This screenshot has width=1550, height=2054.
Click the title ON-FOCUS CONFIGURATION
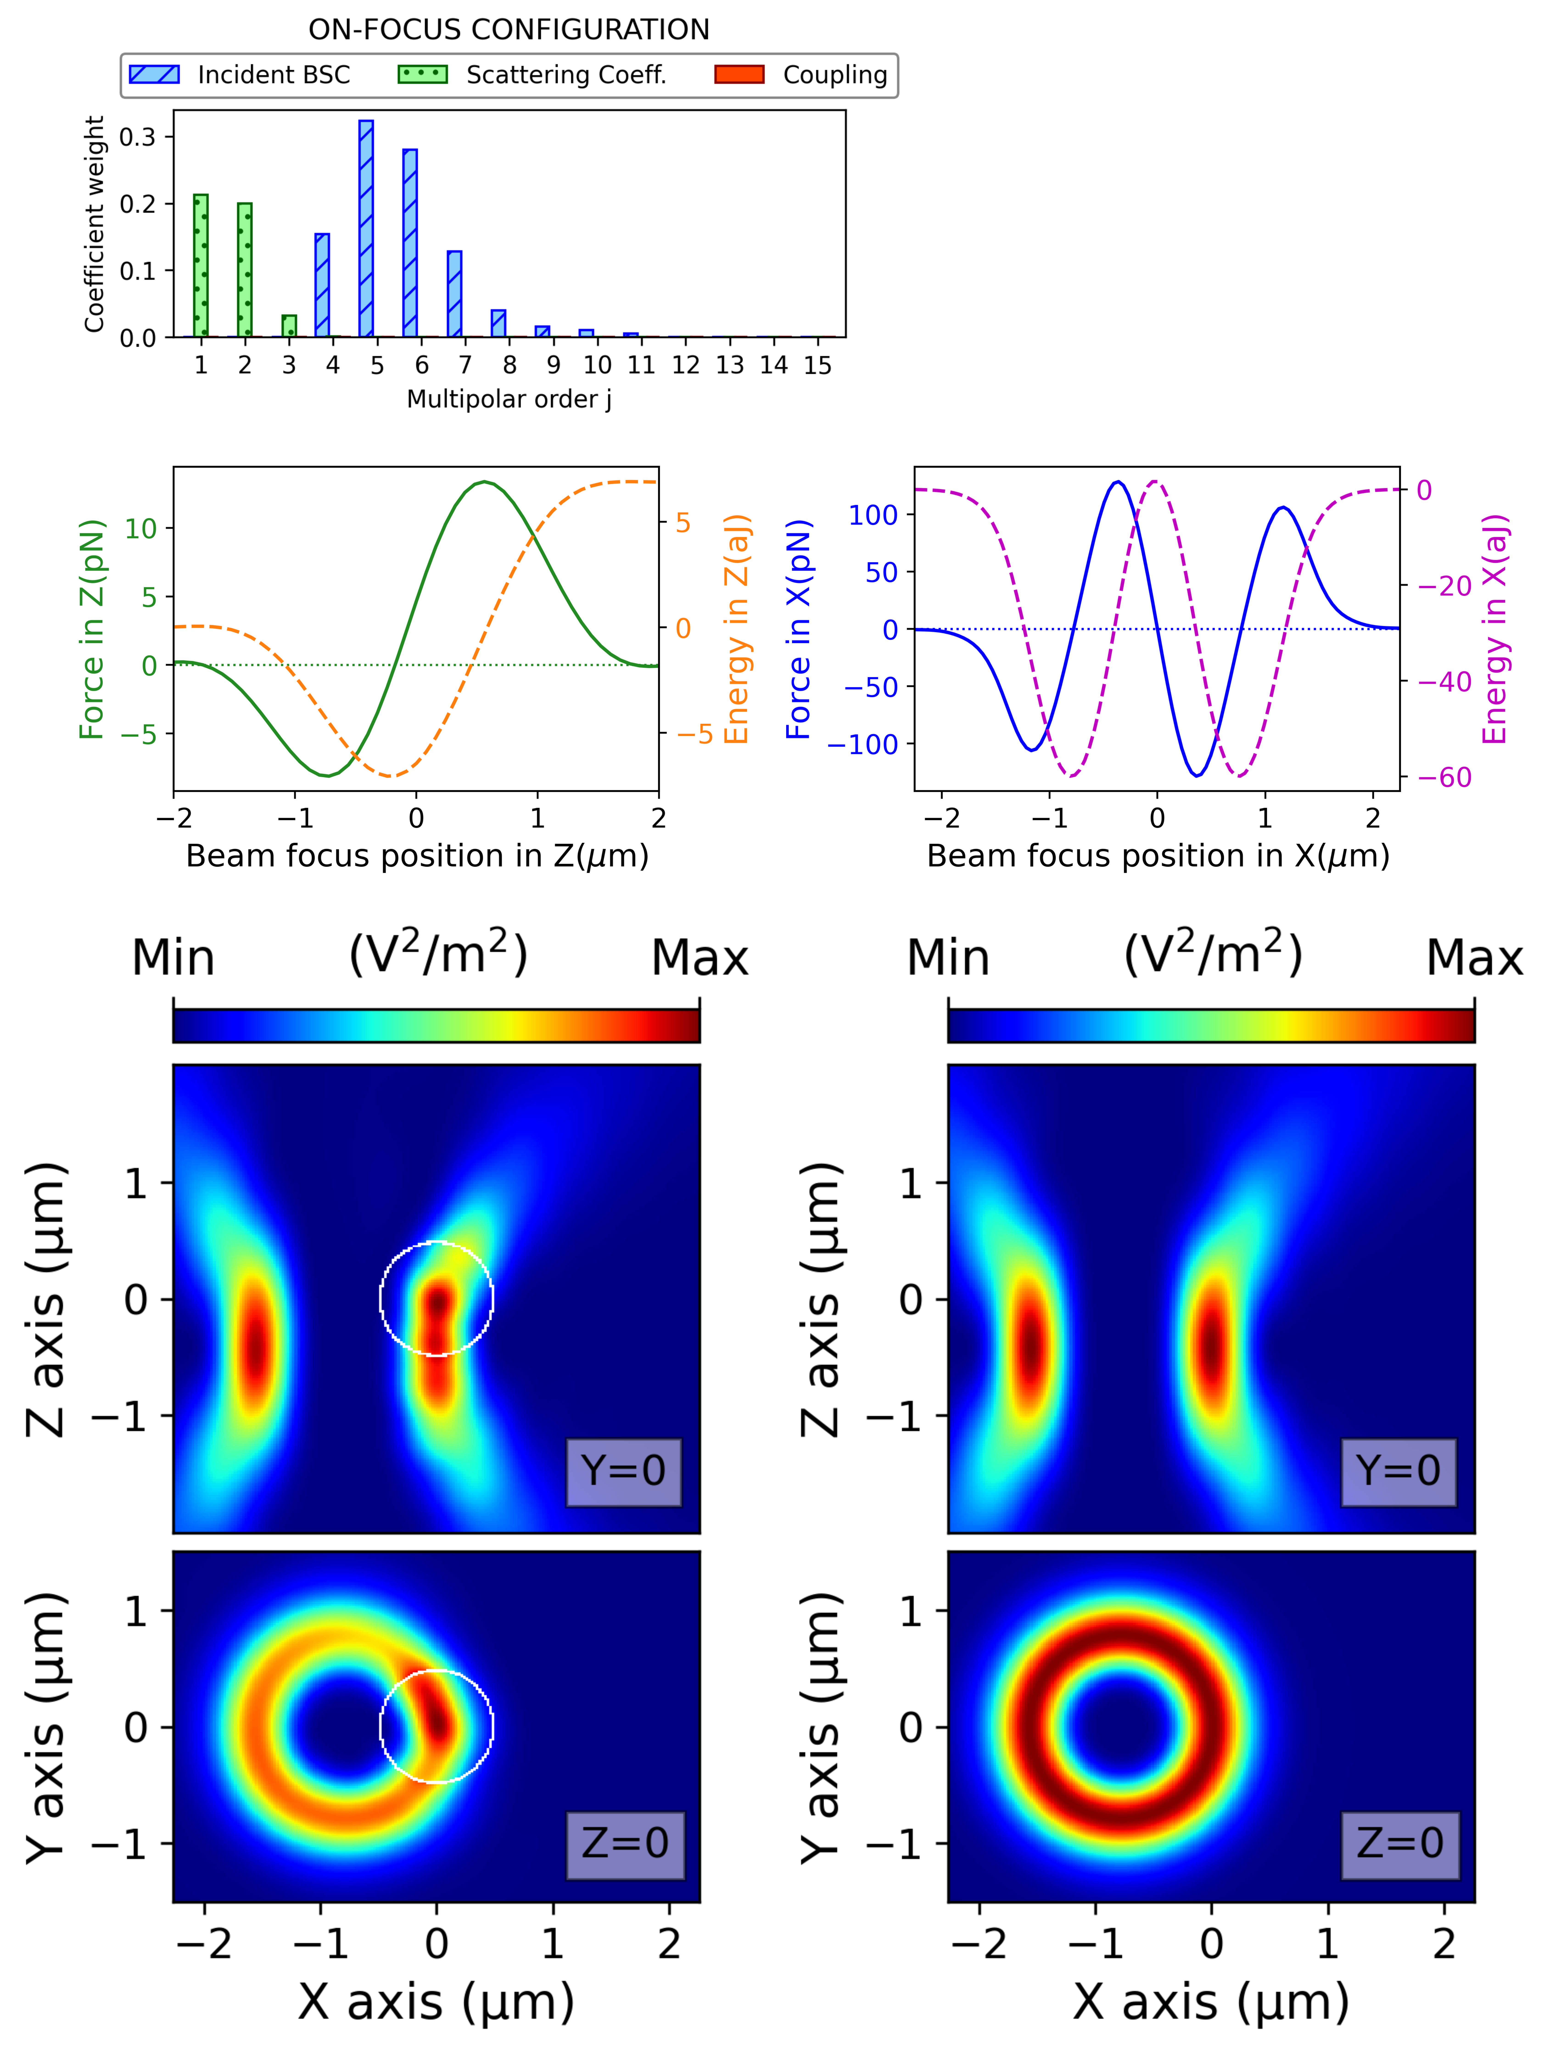509,30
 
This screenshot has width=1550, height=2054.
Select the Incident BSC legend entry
240,74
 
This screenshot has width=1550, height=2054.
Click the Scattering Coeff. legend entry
532,74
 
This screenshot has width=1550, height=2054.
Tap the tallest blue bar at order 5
366,228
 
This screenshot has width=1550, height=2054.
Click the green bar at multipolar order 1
201,266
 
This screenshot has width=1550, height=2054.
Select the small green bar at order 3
289,326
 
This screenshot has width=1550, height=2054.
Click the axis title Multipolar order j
509,399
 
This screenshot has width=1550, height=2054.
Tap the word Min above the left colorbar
174,957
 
